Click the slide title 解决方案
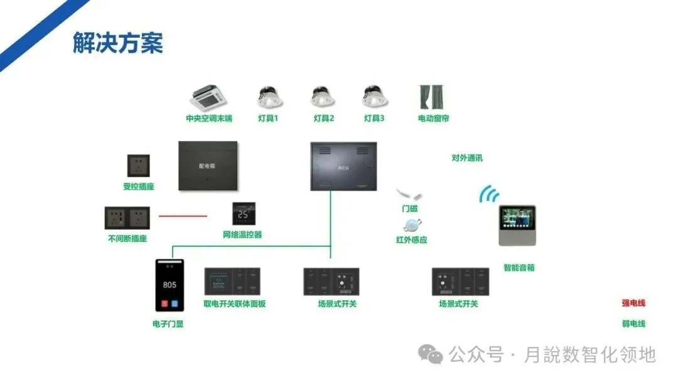coord(117,43)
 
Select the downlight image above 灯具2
coord(323,97)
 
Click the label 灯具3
coord(374,118)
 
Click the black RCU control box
coord(343,166)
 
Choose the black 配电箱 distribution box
coord(208,166)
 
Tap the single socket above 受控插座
coord(138,166)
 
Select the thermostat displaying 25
coord(243,214)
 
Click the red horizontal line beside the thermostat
coord(182,216)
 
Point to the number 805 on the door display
coord(169,285)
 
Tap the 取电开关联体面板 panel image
coord(232,281)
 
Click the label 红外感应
coord(411,240)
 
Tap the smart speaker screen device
coord(517,225)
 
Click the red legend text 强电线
coord(633,303)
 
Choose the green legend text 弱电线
coord(633,324)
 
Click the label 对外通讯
coord(467,158)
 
